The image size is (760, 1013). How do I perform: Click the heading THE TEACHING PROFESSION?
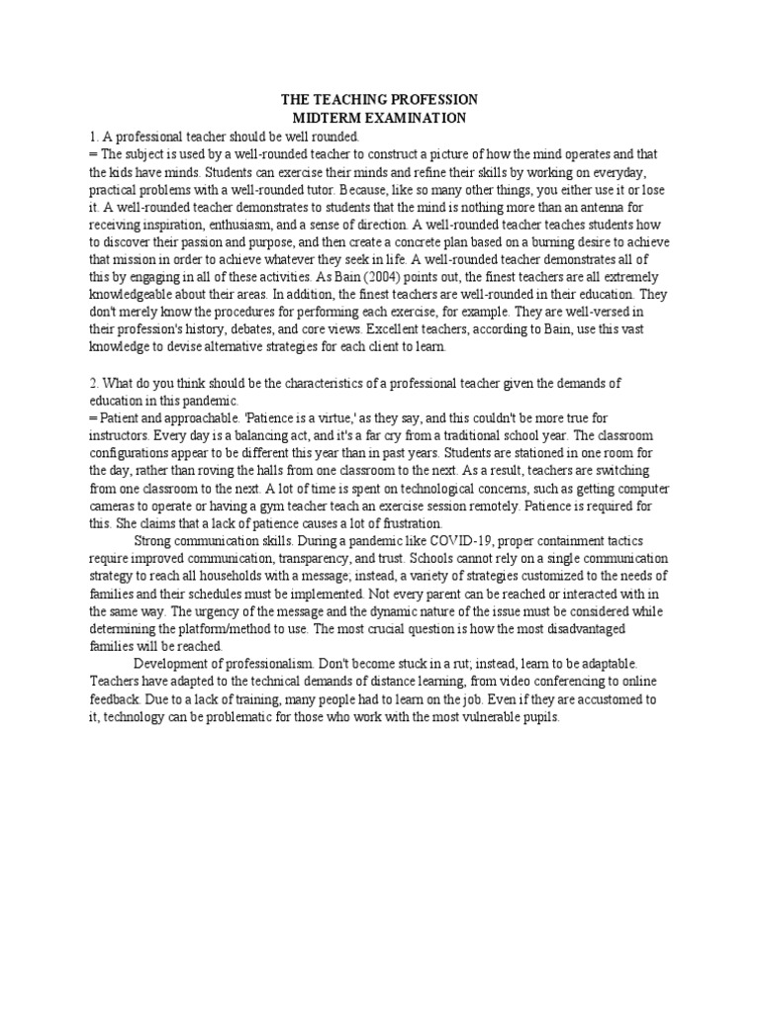pos(379,100)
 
